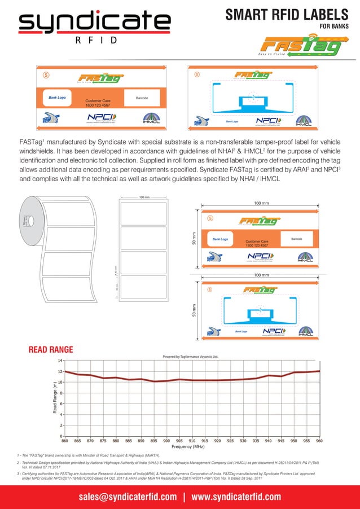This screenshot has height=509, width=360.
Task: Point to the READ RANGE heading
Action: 52,349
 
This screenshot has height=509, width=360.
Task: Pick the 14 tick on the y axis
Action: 60,360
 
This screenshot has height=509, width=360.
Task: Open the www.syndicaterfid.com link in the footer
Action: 236,497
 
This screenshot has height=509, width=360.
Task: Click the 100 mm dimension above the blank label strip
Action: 144,198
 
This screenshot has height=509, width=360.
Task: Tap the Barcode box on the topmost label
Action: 142,98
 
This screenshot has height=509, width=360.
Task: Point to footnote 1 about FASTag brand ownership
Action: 89,454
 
